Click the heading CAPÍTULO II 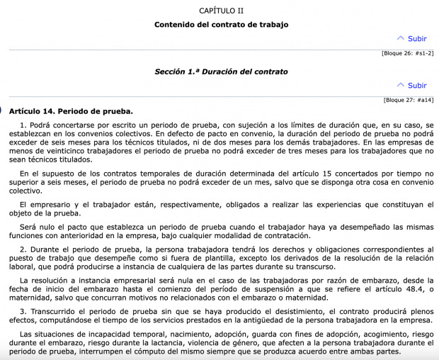click(220, 11)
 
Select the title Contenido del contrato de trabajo click(221, 25)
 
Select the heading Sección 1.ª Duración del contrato click(221, 72)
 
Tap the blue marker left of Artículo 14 click(1, 111)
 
